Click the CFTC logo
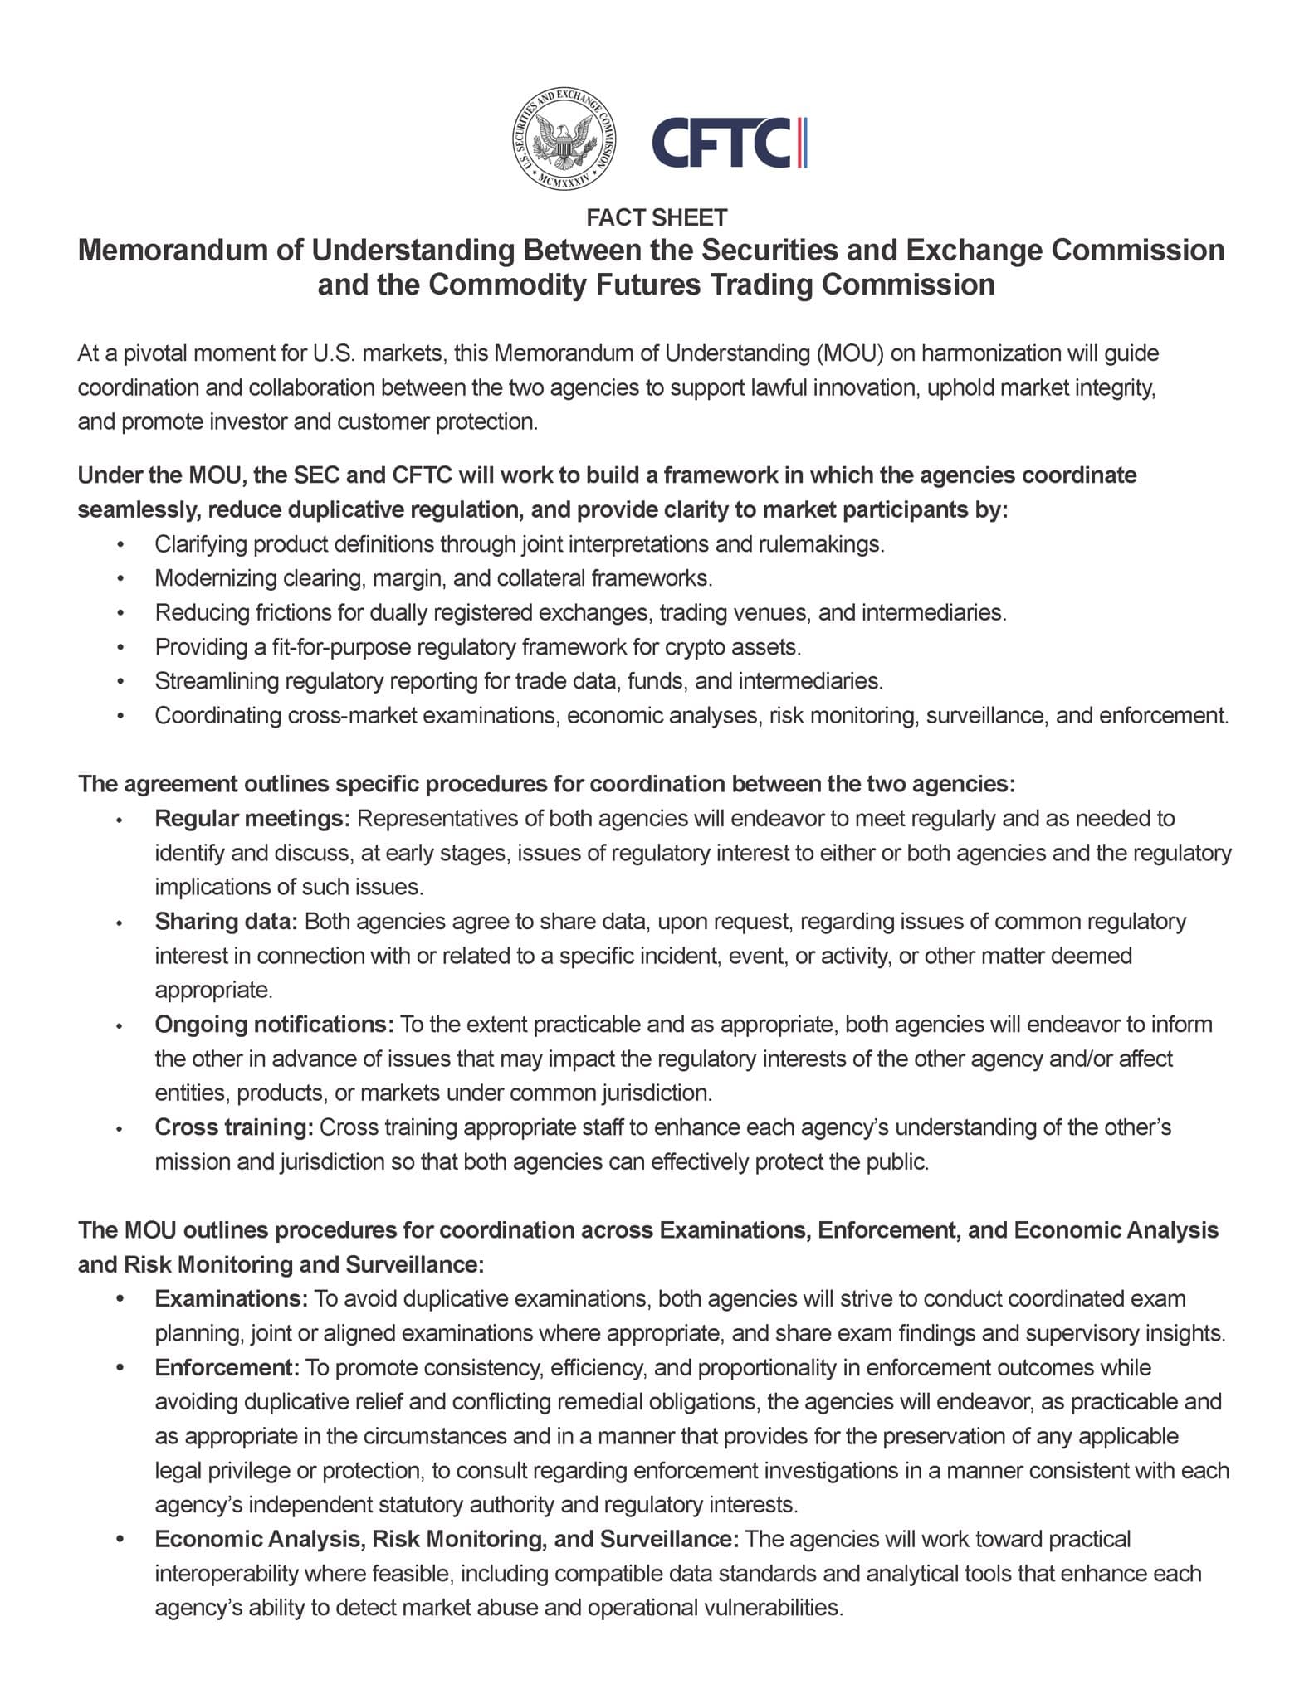point(728,142)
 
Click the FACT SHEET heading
point(656,217)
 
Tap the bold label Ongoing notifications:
point(274,1025)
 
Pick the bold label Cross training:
point(233,1127)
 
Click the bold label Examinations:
point(232,1298)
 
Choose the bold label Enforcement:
point(227,1367)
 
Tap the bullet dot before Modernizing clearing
point(121,578)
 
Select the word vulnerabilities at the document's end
point(773,1608)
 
